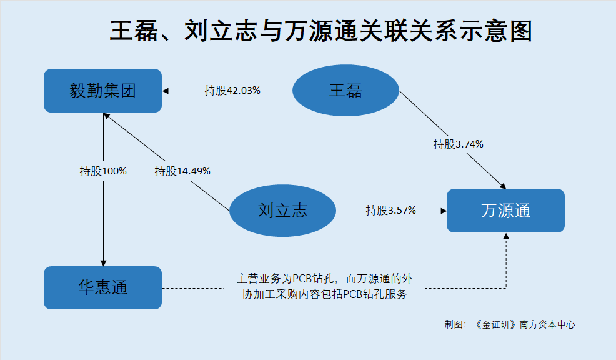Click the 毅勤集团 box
click(x=102, y=91)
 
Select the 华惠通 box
click(x=102, y=287)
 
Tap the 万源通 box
click(x=505, y=211)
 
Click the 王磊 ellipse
click(x=345, y=91)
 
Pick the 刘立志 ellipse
click(x=282, y=211)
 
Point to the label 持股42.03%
click(x=232, y=91)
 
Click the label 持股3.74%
click(x=458, y=144)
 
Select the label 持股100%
click(x=103, y=171)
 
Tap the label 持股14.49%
click(x=182, y=171)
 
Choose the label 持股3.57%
click(x=391, y=211)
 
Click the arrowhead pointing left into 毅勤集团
click(x=166, y=91)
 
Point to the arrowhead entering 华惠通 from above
click(x=103, y=263)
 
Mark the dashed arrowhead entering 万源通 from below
click(x=506, y=236)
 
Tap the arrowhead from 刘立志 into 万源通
click(x=444, y=211)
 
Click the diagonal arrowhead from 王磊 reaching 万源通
click(x=503, y=186)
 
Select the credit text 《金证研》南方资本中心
click(x=525, y=324)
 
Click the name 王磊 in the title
click(x=134, y=31)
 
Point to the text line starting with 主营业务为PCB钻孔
click(x=324, y=279)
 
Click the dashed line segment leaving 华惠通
click(x=192, y=288)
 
